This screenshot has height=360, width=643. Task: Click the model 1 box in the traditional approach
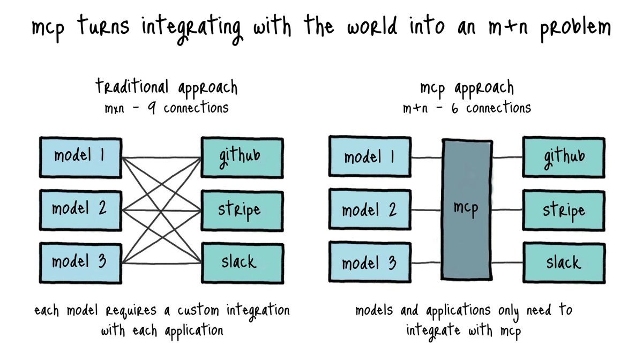coord(80,156)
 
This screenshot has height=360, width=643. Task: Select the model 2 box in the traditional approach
coord(80,209)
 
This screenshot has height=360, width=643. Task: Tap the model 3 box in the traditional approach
coord(80,262)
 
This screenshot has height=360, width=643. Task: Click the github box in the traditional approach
coord(241,156)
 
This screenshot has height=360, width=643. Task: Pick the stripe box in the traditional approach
coord(241,209)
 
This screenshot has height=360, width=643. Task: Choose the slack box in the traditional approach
coord(241,262)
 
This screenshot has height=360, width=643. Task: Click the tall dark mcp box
coord(466,209)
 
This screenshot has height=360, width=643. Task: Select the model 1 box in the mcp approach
coord(370,156)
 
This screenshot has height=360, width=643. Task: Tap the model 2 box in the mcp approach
coord(370,209)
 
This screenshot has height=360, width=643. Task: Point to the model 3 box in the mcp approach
coord(370,262)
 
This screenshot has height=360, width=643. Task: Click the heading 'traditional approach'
coord(166,87)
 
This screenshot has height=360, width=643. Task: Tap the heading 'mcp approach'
coord(466,87)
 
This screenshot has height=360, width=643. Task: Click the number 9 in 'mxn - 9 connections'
coord(152,108)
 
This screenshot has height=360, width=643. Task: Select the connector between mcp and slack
coord(506,262)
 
